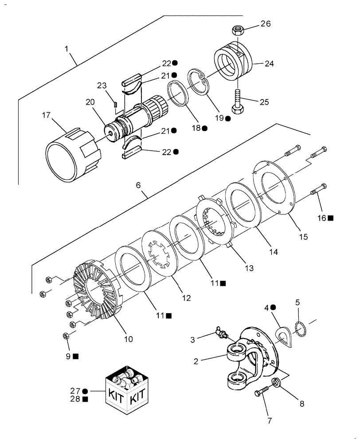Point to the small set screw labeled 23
[x=115, y=105]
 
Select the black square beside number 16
[x=331, y=218]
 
